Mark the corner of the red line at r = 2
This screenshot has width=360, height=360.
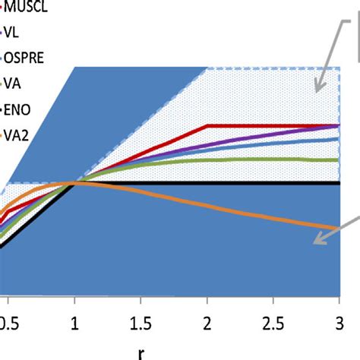pyautogui.click(x=207, y=125)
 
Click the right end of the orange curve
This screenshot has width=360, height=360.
pyautogui.click(x=338, y=227)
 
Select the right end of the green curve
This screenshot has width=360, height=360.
pyautogui.click(x=338, y=160)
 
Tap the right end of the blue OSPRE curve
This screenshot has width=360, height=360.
pyautogui.click(x=338, y=139)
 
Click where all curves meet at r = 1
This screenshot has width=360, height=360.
pyautogui.click(x=74, y=183)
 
